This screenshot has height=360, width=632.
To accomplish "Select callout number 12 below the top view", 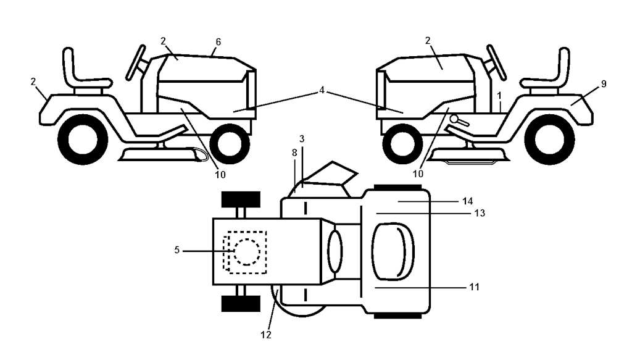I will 266,335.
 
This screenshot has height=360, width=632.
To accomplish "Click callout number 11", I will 474,287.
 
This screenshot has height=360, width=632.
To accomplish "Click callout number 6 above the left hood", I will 218,41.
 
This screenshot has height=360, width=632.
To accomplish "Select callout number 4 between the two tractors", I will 322,91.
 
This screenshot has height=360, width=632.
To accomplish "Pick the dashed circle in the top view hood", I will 246,251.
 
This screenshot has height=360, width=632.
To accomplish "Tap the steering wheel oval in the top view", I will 335,251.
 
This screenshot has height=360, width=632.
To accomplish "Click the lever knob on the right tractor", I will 455,119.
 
